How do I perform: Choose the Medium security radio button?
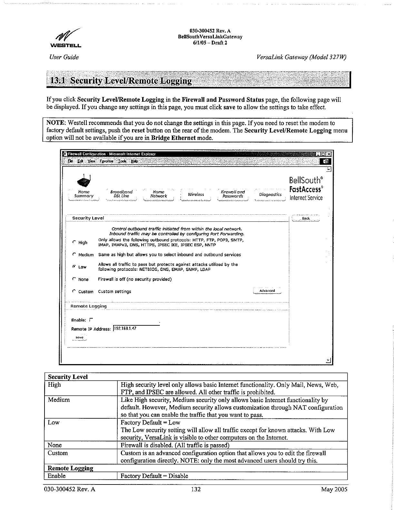74,254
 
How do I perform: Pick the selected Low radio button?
74,267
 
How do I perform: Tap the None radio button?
74,279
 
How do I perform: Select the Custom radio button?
74,291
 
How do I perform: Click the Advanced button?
267,291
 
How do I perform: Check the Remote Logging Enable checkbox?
91,320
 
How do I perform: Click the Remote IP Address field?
136,328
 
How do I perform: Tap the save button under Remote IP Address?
79,338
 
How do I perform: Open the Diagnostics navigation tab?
270,195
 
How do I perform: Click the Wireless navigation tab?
196,195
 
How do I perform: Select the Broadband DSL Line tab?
121,194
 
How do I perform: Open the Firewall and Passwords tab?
233,194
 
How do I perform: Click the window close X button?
329,154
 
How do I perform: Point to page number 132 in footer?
196,489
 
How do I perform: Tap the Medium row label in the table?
59,400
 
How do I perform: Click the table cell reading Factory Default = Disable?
154,476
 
